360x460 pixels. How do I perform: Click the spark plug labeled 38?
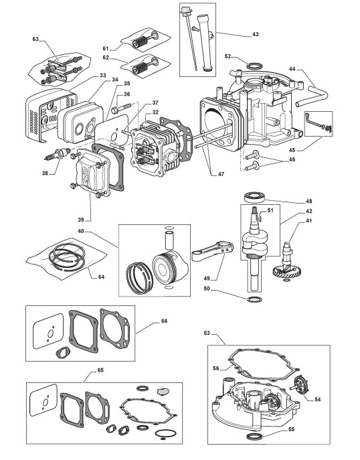tap(58, 154)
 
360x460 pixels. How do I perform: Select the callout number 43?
tap(256, 34)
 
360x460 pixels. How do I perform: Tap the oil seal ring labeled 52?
tap(253, 66)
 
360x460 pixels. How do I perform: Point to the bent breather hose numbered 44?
tap(312, 93)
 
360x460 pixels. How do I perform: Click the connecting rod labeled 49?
tap(213, 251)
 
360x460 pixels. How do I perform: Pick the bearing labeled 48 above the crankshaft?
tap(255, 196)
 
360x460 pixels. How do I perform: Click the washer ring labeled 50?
tap(254, 299)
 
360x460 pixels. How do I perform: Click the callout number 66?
tap(164, 321)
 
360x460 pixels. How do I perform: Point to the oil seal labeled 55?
tap(254, 437)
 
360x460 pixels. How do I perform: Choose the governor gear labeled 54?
tap(301, 385)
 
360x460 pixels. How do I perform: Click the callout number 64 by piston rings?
tap(101, 277)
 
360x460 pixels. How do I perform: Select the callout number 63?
tap(35, 39)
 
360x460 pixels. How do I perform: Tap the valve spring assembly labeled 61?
tap(146, 41)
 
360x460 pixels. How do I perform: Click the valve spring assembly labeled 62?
tap(146, 66)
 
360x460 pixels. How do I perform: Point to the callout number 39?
tap(81, 220)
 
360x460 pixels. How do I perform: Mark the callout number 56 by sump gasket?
tap(216, 368)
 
